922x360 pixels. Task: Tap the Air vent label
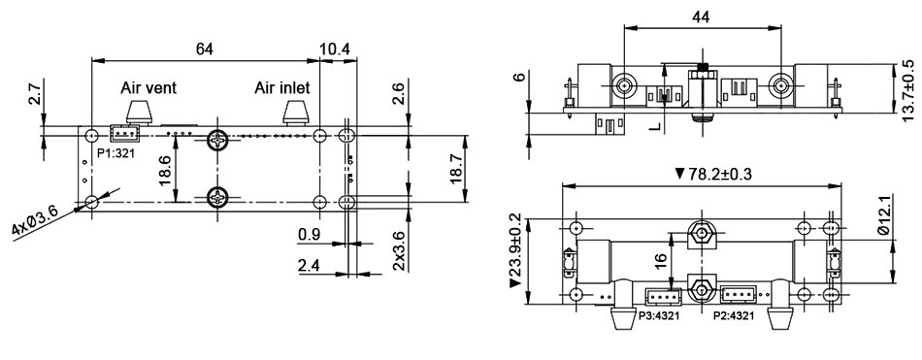148,87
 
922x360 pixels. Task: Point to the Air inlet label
282,87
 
